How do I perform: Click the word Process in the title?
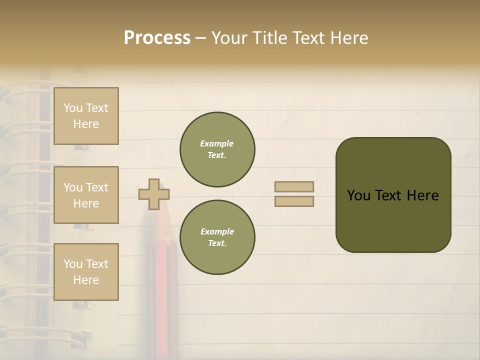[157, 38]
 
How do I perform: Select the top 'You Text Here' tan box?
[86, 116]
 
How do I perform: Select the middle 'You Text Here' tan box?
[86, 195]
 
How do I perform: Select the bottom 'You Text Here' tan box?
[86, 272]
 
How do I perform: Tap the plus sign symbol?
[154, 194]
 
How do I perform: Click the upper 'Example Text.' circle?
[217, 149]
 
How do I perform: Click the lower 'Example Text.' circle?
[217, 237]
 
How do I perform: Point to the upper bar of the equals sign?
[294, 186]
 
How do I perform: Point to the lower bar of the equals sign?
[294, 201]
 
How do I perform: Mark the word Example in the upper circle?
[216, 143]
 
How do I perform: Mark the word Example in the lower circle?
[217, 231]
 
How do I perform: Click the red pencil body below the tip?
[161, 280]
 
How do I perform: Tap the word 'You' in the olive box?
[358, 195]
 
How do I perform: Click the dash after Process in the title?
[201, 38]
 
